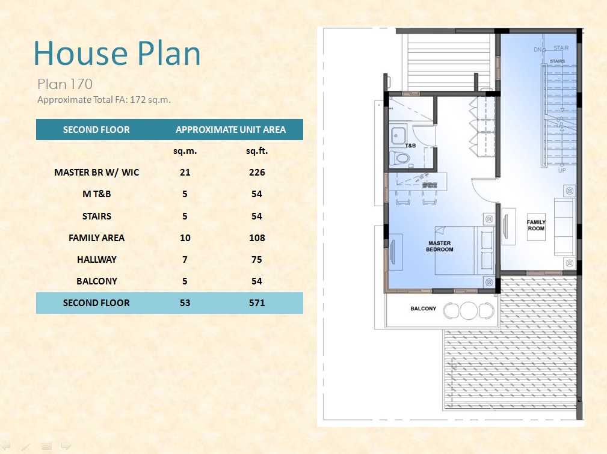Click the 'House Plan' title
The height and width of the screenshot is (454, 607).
pos(117,54)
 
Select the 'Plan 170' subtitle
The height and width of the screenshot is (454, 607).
pos(65,84)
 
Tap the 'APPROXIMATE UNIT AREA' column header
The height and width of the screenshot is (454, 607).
pos(231,130)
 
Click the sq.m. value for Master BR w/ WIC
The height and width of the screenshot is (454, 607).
pos(185,172)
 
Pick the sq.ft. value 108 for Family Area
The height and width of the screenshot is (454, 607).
pos(257,238)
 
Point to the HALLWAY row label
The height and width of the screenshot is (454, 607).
pos(97,259)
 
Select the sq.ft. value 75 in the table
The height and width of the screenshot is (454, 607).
pos(257,259)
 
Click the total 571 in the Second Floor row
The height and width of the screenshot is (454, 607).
pos(257,302)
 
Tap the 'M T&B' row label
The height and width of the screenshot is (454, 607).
pos(97,194)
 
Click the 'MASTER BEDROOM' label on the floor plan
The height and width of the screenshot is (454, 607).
pos(439,246)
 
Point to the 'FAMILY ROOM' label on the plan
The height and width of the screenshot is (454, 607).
pos(536,225)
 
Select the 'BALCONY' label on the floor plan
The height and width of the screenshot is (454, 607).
pos(423,308)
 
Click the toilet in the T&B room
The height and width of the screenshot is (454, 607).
pos(399,158)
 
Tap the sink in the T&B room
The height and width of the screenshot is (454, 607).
pos(398,136)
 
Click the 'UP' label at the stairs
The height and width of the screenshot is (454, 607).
pos(562,170)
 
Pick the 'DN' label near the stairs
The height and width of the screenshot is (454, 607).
pos(537,49)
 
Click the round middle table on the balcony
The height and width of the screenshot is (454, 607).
pos(469,310)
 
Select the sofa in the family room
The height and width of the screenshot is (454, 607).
pos(565,227)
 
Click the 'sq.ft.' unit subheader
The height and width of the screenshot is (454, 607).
pos(257,151)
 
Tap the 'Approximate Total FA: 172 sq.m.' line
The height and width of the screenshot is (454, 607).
pos(104,100)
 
